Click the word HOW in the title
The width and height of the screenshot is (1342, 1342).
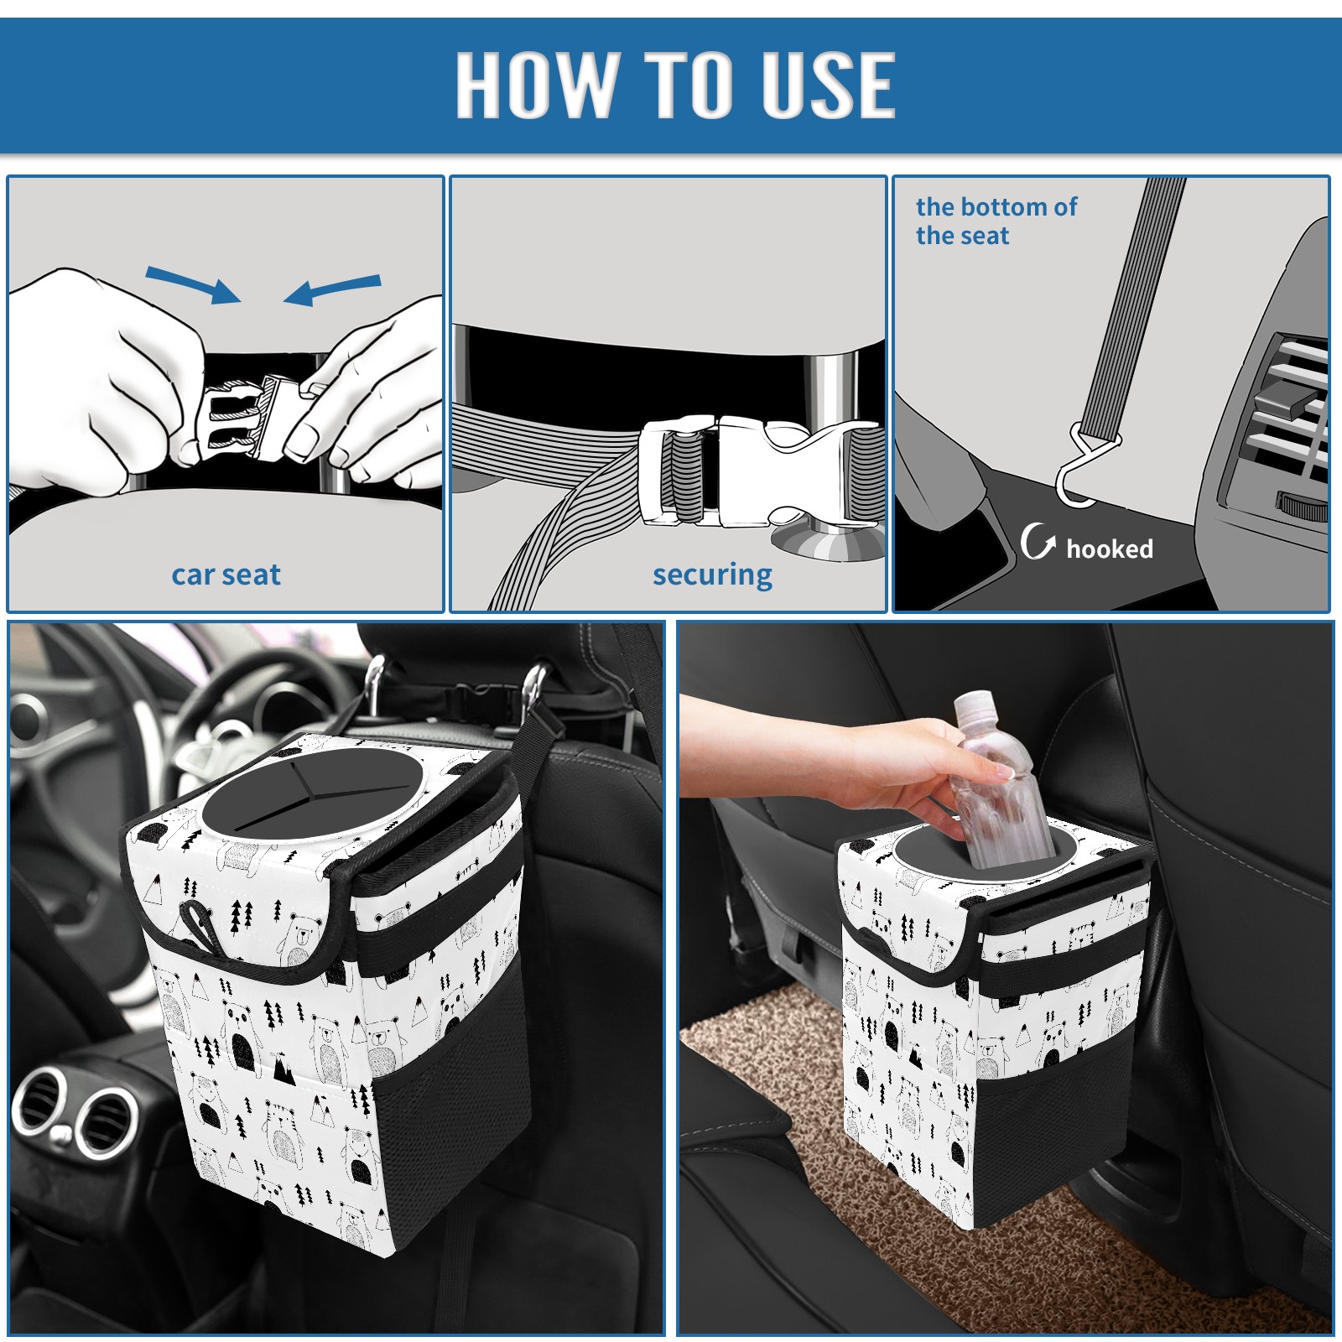click(535, 84)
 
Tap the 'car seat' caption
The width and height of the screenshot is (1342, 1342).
click(226, 575)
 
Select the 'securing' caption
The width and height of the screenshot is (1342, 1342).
click(712, 575)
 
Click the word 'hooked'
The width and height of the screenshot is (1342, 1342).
click(1109, 549)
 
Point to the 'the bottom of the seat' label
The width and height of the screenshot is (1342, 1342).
click(996, 221)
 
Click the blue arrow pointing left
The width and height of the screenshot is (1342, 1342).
click(333, 290)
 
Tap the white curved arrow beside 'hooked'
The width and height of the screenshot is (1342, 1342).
click(1038, 541)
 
